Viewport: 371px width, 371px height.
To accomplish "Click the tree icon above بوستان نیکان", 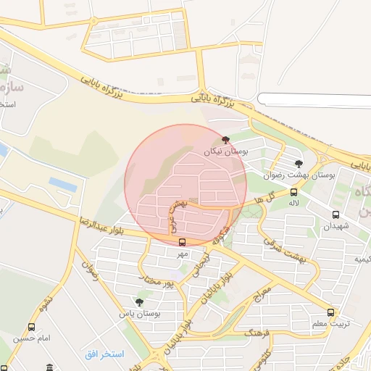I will [226, 140].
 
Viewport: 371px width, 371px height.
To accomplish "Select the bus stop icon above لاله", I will [293, 192].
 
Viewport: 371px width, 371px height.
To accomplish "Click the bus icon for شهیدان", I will [335, 214].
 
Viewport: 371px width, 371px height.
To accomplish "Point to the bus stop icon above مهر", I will [181, 243].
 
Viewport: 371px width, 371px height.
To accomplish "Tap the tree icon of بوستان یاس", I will [139, 302].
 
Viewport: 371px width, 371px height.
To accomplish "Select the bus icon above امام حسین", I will [31, 328].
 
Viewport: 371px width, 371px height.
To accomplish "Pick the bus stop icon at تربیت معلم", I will [330, 313].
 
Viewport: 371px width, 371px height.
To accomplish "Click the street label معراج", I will [262, 295].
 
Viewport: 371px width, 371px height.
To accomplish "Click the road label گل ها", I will [269, 196].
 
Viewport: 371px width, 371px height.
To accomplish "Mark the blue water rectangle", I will [62, 185].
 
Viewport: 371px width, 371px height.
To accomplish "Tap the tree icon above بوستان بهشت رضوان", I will [299, 164].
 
